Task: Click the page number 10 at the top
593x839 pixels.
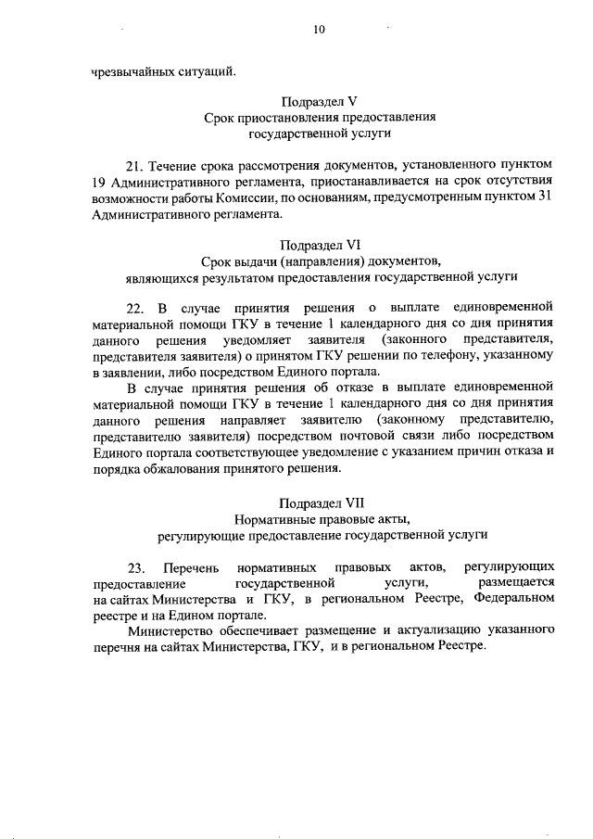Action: pyautogui.click(x=319, y=30)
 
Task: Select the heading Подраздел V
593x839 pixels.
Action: pyautogui.click(x=320, y=101)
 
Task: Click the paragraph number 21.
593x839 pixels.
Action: pyautogui.click(x=135, y=165)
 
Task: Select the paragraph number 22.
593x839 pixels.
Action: pyautogui.click(x=135, y=307)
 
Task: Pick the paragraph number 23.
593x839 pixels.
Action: pyautogui.click(x=135, y=566)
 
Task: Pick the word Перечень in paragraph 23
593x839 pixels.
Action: pyautogui.click(x=189, y=566)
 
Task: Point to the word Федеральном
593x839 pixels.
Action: pyautogui.click(x=513, y=598)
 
